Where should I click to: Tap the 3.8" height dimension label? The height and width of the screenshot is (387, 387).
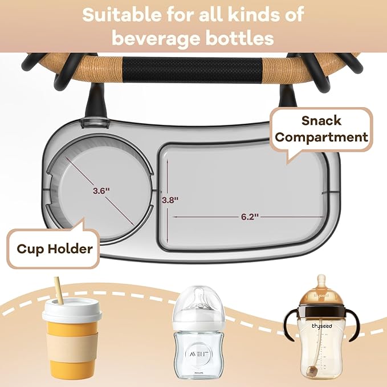point(170,200)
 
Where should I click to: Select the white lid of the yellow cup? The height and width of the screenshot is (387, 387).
point(72,311)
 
